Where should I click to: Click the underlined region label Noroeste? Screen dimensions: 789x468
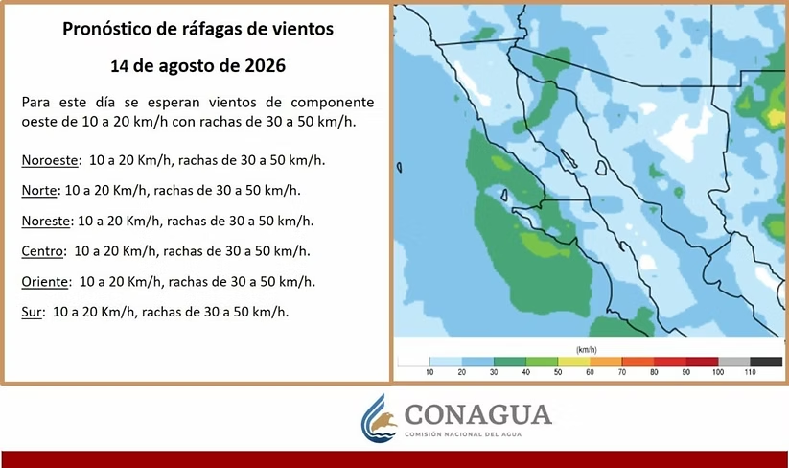(50, 160)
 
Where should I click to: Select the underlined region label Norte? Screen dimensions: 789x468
(38, 191)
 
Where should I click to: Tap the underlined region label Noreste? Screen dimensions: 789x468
(45, 221)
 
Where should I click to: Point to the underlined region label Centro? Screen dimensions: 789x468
(43, 251)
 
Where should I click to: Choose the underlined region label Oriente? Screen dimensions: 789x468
(44, 281)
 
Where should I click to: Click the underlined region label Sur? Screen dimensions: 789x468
(32, 312)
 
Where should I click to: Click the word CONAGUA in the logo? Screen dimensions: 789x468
(478, 415)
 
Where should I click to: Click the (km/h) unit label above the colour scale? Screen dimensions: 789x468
(586, 350)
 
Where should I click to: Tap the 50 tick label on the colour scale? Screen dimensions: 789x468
(558, 372)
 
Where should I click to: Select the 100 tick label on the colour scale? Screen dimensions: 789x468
(718, 372)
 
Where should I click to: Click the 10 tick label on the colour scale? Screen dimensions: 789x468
(429, 372)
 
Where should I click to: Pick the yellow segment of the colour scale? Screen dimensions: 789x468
(573, 362)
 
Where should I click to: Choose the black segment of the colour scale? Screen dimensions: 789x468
(766, 362)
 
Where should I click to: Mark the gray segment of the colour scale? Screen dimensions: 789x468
(734, 362)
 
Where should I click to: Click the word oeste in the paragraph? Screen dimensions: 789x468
(37, 123)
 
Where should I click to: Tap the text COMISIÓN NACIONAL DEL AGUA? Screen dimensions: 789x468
(463, 434)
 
